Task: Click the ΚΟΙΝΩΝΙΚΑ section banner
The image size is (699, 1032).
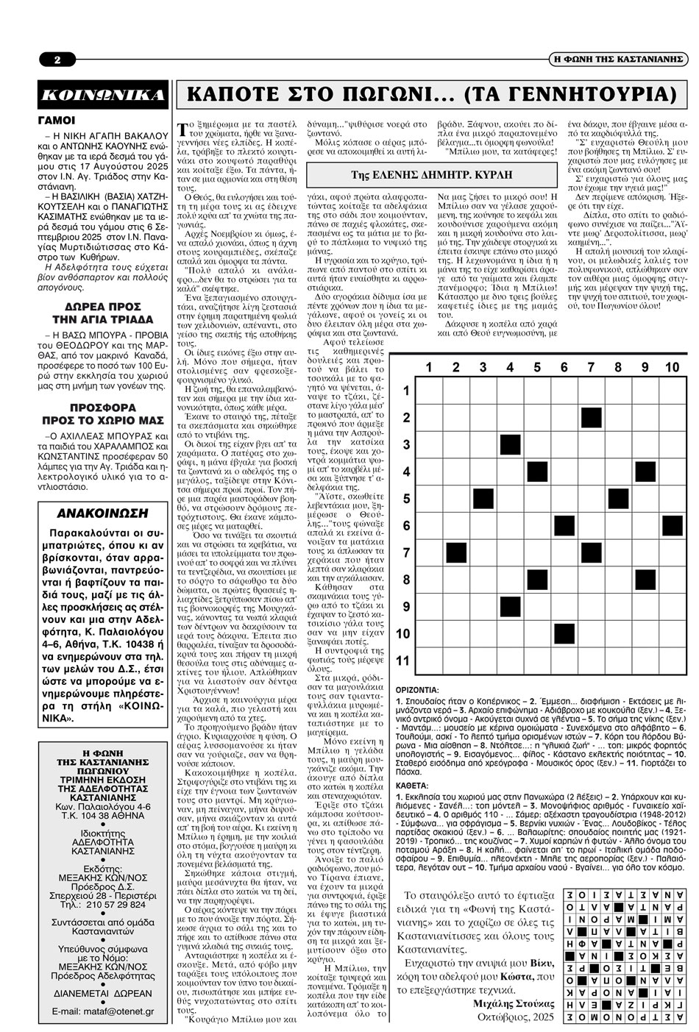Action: click(103, 95)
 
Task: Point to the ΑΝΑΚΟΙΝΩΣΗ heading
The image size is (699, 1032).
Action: click(103, 513)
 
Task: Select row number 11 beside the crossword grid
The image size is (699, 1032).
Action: click(402, 660)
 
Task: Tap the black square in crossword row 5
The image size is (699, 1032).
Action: click(483, 499)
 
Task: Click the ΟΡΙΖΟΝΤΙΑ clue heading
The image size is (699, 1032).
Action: click(416, 691)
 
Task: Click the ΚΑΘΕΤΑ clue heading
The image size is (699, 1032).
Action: click(412, 786)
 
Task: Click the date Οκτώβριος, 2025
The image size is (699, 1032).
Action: click(514, 1018)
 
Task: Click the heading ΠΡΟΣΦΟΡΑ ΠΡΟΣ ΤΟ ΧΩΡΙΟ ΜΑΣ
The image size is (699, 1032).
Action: click(103, 413)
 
